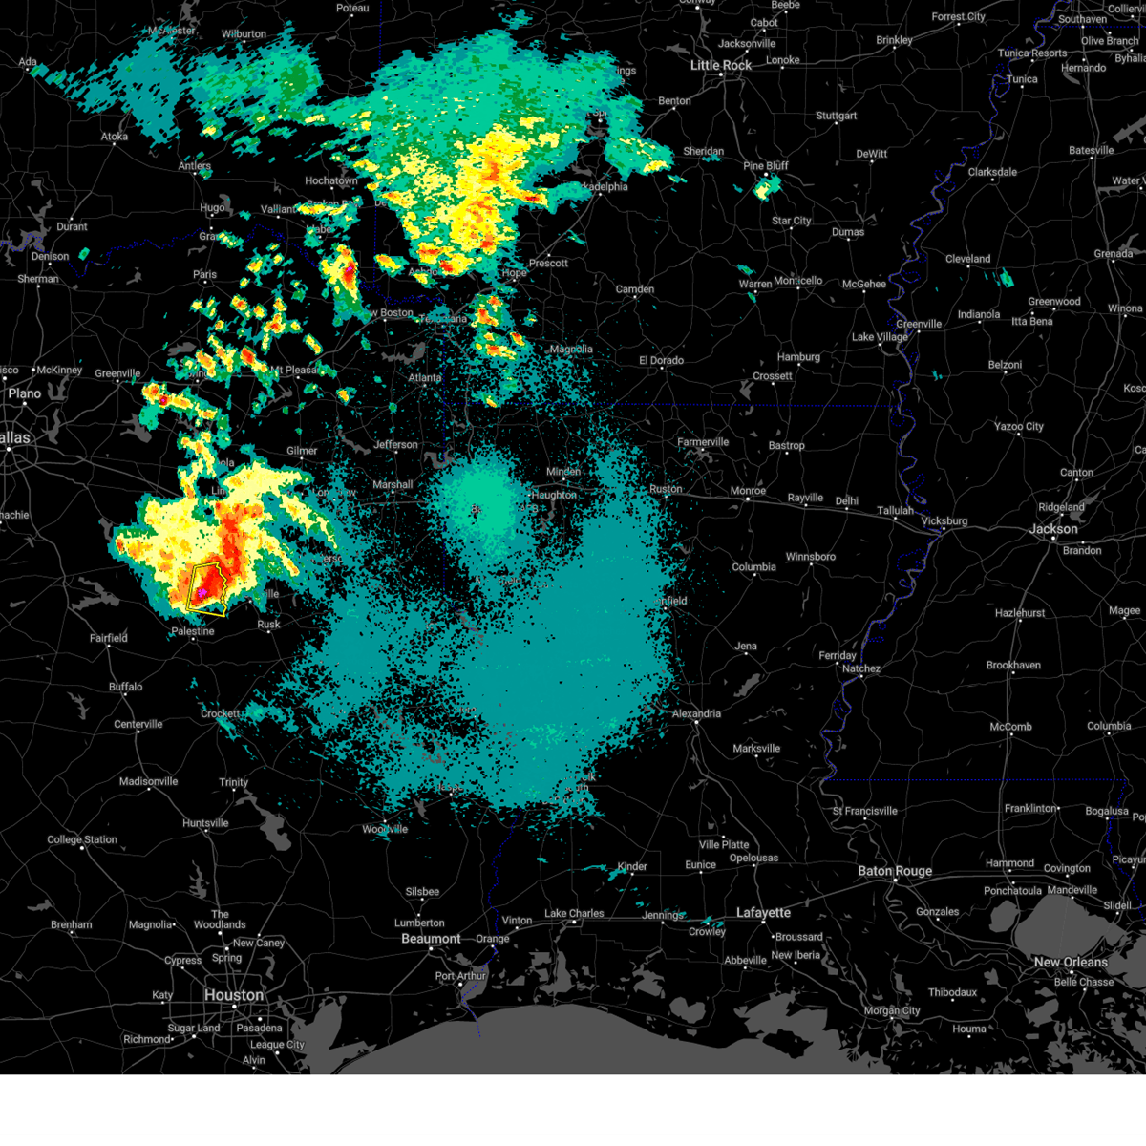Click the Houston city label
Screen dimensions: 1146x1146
point(233,995)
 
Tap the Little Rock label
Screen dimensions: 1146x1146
point(721,65)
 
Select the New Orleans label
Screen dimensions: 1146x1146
point(1071,962)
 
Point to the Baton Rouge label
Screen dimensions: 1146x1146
point(895,871)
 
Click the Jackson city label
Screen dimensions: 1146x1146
point(1053,529)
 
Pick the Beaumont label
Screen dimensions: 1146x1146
point(431,939)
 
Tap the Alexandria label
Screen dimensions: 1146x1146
point(696,713)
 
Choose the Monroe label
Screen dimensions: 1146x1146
point(748,491)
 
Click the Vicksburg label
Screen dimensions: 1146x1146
point(944,521)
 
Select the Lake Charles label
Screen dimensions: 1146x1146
point(574,914)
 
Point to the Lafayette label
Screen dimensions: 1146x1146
point(764,913)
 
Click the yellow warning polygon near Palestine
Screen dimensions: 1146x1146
point(209,588)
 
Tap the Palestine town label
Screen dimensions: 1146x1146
point(193,632)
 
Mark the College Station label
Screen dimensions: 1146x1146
point(82,840)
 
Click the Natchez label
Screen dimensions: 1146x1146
point(860,669)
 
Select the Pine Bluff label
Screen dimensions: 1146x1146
point(766,166)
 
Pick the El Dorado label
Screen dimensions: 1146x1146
point(661,361)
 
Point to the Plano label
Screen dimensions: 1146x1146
point(24,393)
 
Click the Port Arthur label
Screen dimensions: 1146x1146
point(460,976)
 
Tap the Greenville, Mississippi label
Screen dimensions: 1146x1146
point(919,325)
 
